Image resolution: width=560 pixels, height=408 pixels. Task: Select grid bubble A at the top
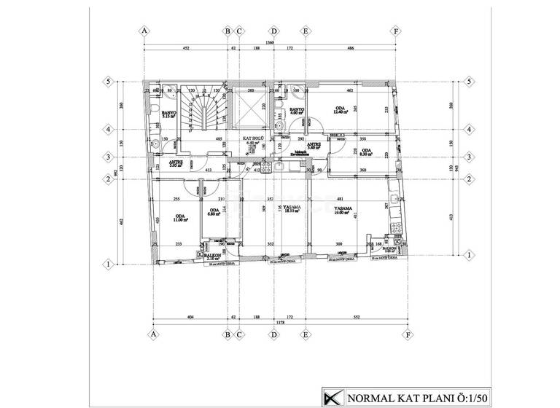tap(145, 31)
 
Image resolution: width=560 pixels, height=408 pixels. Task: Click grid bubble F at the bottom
tap(408, 335)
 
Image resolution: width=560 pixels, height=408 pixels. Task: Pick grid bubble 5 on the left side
tap(107, 82)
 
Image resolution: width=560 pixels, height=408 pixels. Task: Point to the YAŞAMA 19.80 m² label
tap(343, 211)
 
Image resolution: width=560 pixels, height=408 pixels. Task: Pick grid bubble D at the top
tap(274, 31)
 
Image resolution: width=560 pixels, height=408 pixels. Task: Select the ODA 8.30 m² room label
tap(366, 153)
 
